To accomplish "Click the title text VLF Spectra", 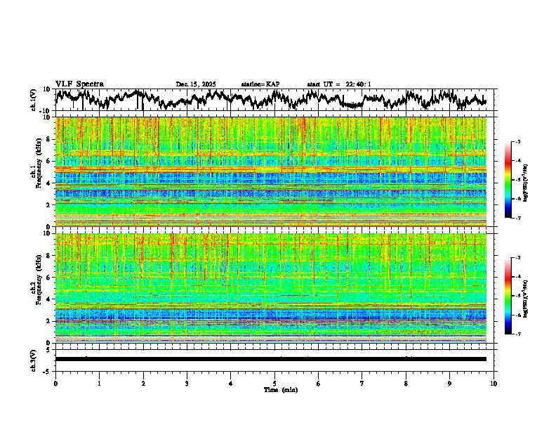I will [x=79, y=84].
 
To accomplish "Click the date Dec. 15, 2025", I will [x=195, y=84].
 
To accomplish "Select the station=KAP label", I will [x=260, y=84].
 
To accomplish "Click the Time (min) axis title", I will [x=280, y=389].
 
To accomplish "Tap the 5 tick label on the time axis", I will [x=274, y=383].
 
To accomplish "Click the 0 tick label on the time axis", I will [x=55, y=383].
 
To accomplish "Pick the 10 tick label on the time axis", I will [x=494, y=383].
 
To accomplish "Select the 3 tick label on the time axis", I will [x=187, y=383].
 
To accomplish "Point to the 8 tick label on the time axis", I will [x=406, y=383].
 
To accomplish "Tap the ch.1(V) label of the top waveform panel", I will [x=34, y=100].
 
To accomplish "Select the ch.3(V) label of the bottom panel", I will [x=34, y=359].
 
